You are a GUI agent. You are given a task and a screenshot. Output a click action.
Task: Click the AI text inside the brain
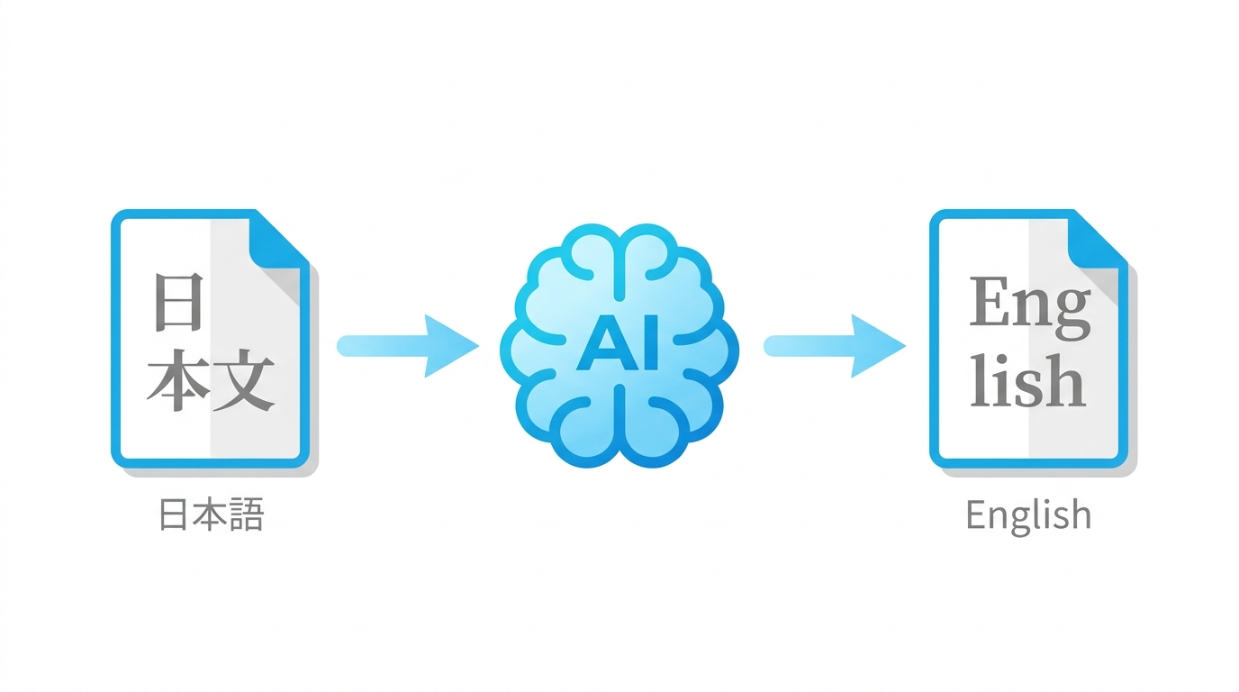(618, 342)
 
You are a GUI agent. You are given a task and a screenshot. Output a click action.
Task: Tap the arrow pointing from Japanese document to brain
(408, 346)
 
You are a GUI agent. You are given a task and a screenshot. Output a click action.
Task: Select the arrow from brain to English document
(835, 346)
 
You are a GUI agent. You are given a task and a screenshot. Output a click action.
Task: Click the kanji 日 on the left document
(178, 302)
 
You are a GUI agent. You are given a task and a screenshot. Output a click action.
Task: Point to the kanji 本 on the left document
(177, 379)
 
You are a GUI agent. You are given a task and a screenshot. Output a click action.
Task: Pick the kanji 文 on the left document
(244, 380)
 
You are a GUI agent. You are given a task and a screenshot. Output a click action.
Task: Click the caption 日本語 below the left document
(212, 514)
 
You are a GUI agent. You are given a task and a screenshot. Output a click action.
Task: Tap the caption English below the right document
(1028, 516)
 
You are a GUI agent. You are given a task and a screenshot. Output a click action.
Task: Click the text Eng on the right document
(1030, 307)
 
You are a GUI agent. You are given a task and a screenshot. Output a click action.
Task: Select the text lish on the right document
(1027, 379)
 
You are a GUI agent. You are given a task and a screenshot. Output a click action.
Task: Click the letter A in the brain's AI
(604, 342)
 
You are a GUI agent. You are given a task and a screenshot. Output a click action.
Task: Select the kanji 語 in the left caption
(247, 514)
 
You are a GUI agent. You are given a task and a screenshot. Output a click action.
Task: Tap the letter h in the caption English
(1079, 514)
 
